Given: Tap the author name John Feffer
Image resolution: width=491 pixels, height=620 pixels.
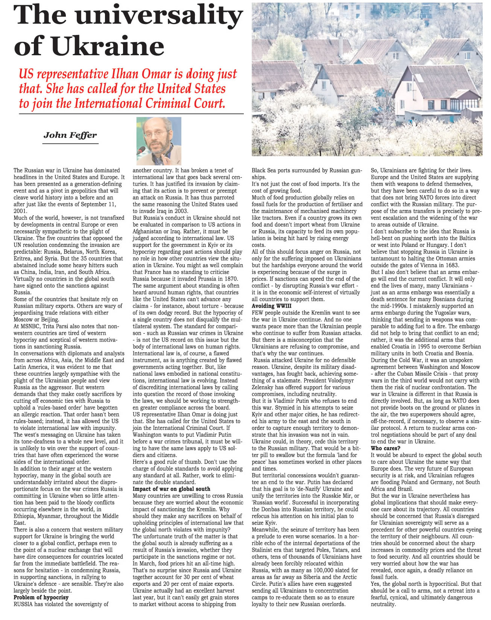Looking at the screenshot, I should click(x=70, y=135).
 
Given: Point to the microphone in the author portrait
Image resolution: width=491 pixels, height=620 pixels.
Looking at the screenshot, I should click(x=141, y=150).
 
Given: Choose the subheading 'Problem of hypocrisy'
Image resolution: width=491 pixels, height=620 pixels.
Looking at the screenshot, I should click(x=41, y=597).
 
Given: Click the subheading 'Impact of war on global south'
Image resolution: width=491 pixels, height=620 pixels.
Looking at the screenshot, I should click(x=171, y=489).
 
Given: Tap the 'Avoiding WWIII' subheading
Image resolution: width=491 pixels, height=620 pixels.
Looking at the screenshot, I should click(x=271, y=306).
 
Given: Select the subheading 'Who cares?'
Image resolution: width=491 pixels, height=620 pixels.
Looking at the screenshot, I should click(x=386, y=448).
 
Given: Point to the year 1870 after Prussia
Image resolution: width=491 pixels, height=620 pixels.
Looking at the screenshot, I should click(x=230, y=279).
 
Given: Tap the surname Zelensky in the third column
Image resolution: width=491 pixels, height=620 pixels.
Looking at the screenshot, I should click(x=265, y=387).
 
